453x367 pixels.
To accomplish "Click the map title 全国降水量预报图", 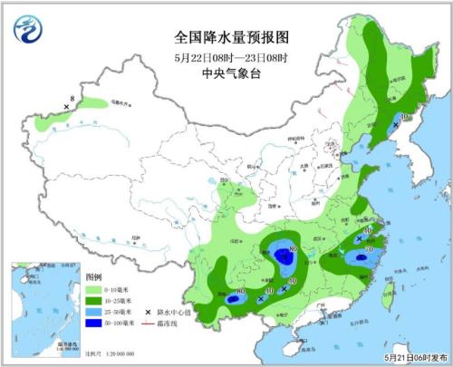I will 230,38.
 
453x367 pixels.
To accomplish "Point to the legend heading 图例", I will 94,274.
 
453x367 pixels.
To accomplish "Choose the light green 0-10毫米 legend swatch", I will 95,286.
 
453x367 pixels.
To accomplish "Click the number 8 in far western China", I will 72,98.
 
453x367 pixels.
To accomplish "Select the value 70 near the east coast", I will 369,249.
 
